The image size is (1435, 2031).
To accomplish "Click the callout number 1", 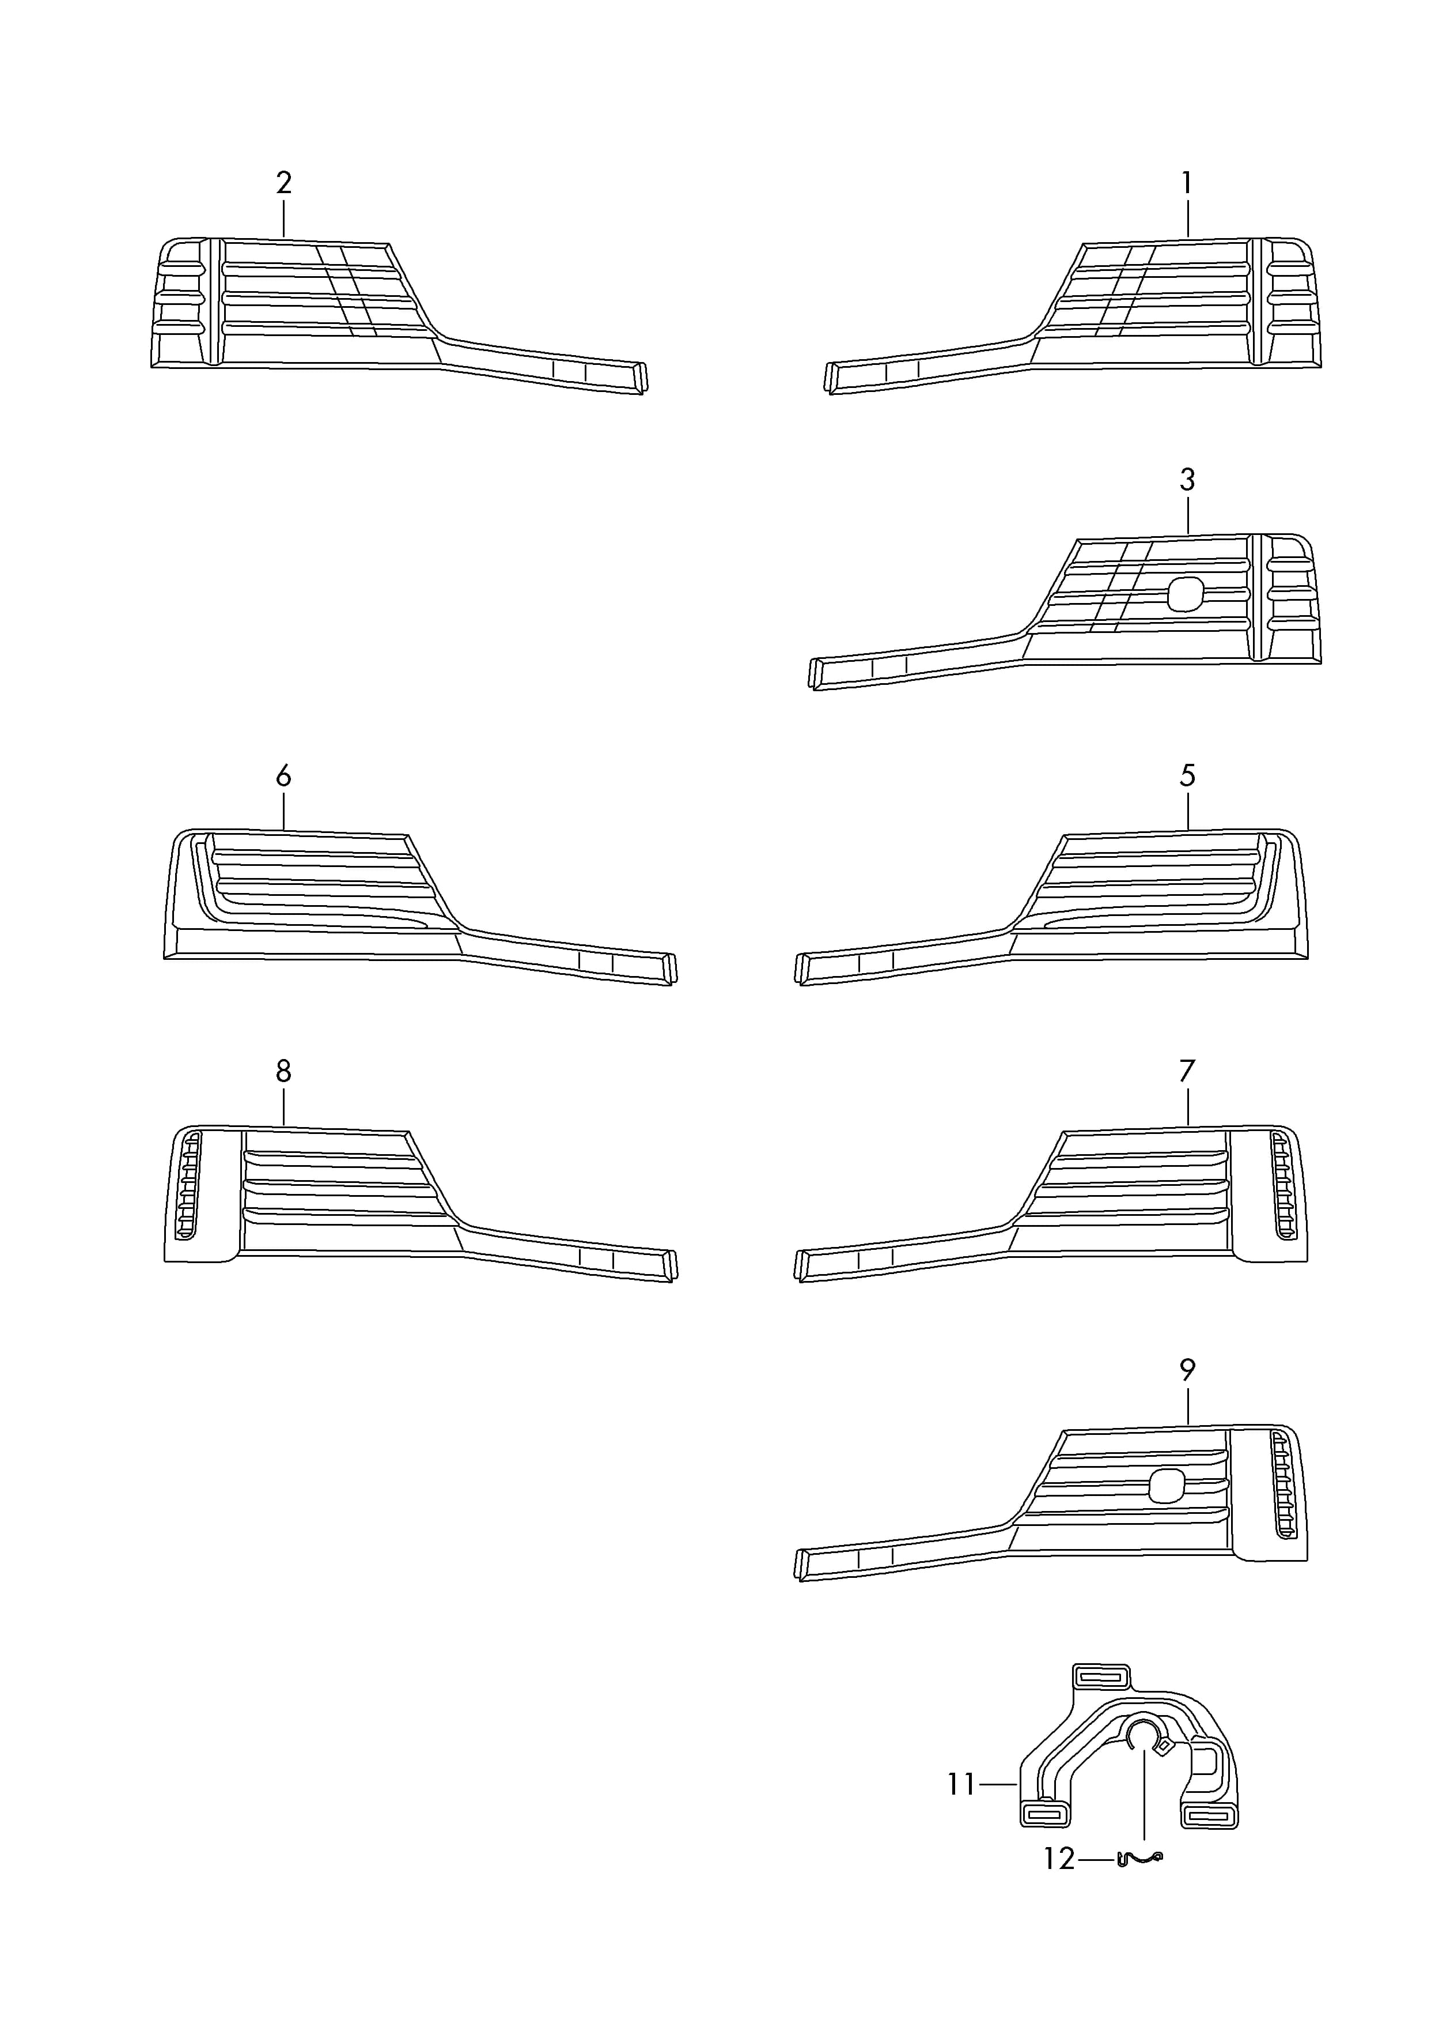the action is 1187,183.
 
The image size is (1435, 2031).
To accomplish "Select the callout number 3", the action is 1187,480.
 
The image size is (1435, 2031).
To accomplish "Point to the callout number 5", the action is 1187,776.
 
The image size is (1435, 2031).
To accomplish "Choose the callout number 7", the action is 1187,1071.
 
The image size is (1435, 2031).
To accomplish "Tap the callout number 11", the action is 962,1784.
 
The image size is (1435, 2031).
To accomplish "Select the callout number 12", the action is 1059,1859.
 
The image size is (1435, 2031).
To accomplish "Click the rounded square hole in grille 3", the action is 1186,594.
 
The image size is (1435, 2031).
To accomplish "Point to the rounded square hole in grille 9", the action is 1166,1485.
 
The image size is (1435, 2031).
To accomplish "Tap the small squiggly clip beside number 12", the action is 1141,1859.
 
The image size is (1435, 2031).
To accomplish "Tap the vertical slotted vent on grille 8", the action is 188,1189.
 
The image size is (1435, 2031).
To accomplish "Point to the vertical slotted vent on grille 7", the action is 1283,1188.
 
